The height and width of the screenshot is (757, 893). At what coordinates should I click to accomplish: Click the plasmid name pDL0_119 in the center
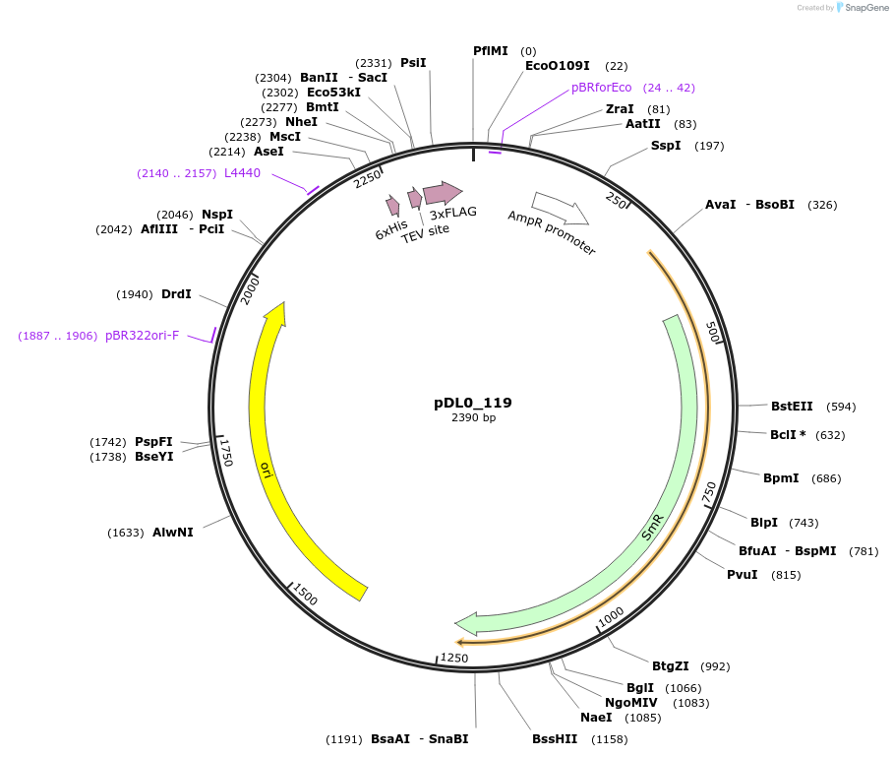click(472, 403)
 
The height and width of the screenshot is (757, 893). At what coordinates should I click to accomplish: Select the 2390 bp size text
click(472, 418)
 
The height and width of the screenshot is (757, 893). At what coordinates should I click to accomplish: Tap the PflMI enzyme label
click(490, 50)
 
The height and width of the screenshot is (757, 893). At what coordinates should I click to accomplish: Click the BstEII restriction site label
click(792, 406)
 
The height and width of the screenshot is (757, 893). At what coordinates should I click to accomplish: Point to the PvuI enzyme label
click(742, 574)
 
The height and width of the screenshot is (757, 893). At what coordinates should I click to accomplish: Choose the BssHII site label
click(555, 738)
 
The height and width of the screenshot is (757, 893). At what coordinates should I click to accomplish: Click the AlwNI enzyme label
click(173, 532)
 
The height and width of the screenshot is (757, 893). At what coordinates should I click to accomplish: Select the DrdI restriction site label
click(176, 294)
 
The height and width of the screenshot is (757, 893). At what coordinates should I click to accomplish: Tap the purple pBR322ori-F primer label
click(143, 336)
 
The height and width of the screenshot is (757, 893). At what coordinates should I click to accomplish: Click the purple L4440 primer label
click(242, 173)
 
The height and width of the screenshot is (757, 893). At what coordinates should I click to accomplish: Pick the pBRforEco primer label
click(601, 88)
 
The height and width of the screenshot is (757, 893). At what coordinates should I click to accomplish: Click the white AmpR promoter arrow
click(560, 208)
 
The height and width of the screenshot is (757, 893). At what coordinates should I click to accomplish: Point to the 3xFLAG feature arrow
click(443, 193)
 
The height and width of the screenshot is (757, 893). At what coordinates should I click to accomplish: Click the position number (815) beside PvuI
click(786, 575)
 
